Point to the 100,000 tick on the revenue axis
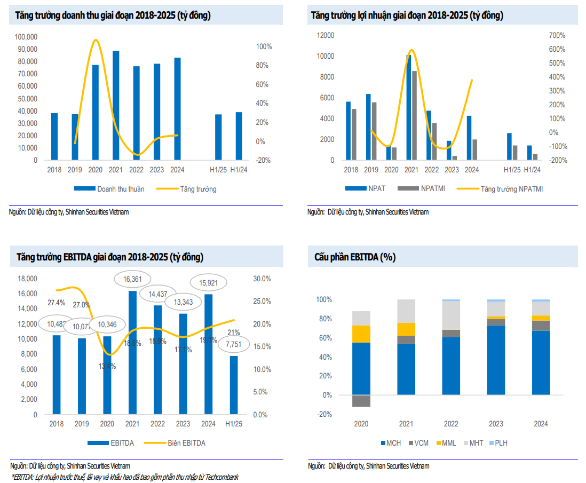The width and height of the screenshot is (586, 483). point(26,37)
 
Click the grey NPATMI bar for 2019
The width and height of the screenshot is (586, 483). point(374,131)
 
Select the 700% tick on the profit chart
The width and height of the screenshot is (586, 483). point(557,35)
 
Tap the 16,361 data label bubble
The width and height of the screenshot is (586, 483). point(132,279)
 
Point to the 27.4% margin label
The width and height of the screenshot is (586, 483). point(57,303)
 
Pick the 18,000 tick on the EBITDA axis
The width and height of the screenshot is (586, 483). point(28,279)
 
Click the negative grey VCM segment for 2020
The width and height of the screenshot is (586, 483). point(361,401)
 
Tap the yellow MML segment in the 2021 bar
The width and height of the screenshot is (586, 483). point(407,329)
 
